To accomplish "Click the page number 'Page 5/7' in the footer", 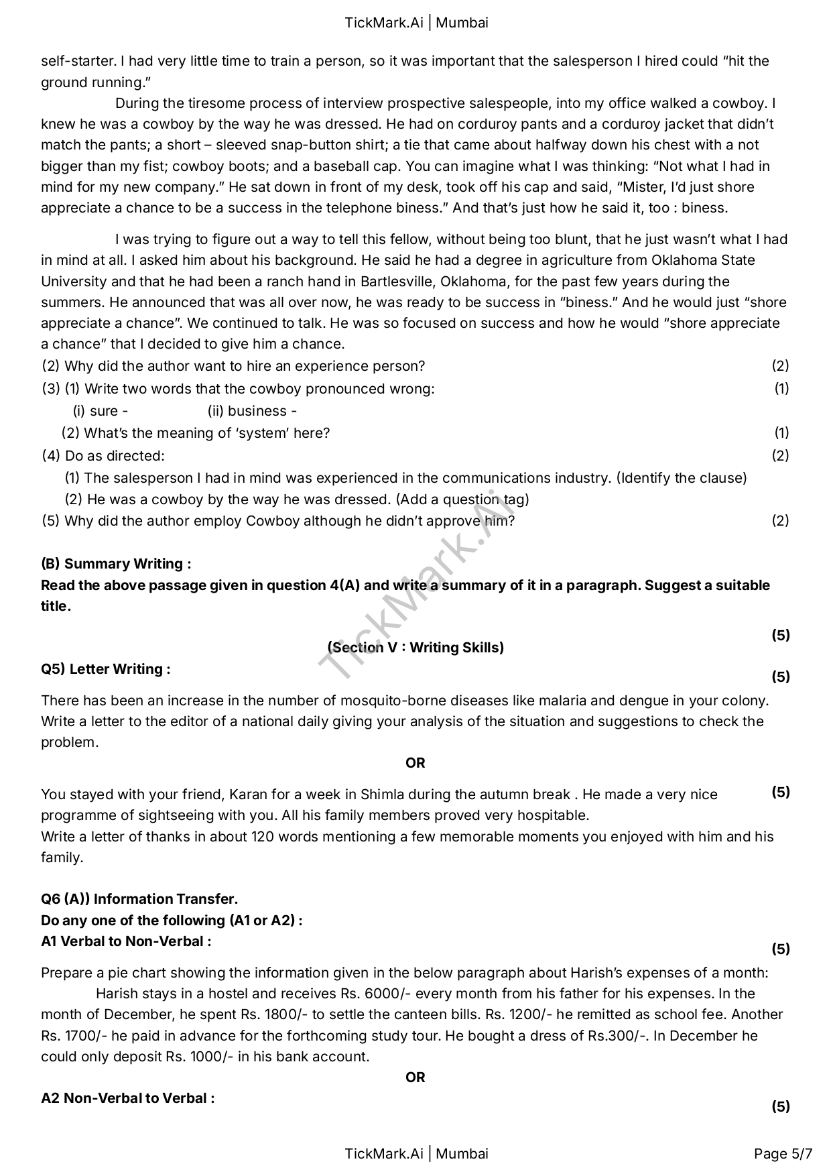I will pos(783,1154).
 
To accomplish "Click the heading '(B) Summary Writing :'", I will pos(116,564).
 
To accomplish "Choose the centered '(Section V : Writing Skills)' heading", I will pos(415,647).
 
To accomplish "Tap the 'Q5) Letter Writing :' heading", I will pos(106,669).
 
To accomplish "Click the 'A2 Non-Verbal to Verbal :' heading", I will pos(128,1098).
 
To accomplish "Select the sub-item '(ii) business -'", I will pos(252,411).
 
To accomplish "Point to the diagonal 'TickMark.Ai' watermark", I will pos(415,583).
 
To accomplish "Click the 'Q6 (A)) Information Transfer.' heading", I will pos(139,899).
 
